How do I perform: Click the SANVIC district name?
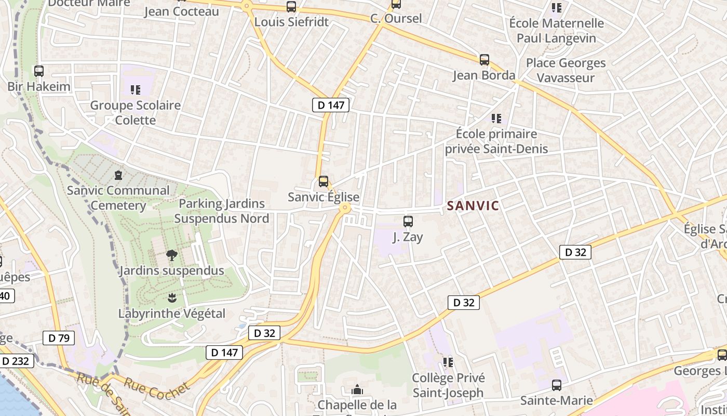[x=473, y=206]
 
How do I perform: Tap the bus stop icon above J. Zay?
[x=408, y=222]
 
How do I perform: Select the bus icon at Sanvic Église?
[x=324, y=181]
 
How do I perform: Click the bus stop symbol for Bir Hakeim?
[x=39, y=71]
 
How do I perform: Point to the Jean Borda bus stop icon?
[x=484, y=60]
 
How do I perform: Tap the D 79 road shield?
[x=59, y=338]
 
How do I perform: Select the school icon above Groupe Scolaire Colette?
[x=136, y=90]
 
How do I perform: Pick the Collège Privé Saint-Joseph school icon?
[x=448, y=362]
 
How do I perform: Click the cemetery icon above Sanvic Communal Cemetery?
[x=118, y=175]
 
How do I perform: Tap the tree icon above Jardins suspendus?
[x=171, y=255]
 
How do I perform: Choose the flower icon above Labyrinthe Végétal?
[x=172, y=298]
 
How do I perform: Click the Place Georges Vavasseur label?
[x=566, y=70]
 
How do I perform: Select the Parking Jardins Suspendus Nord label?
[x=222, y=211]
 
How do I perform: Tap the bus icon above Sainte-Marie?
[x=557, y=385]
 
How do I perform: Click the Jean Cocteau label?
[x=181, y=11]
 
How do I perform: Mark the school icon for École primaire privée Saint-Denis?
[x=496, y=119]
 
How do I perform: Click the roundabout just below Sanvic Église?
[x=344, y=208]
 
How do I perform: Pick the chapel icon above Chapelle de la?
[x=357, y=389]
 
